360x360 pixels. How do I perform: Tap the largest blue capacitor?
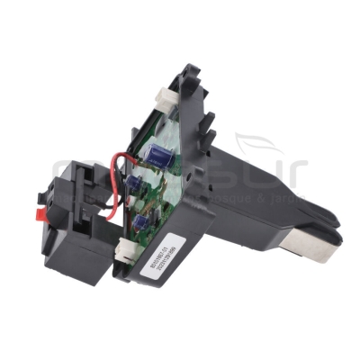(x=161, y=156)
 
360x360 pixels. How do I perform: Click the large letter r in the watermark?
(x=297, y=171)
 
